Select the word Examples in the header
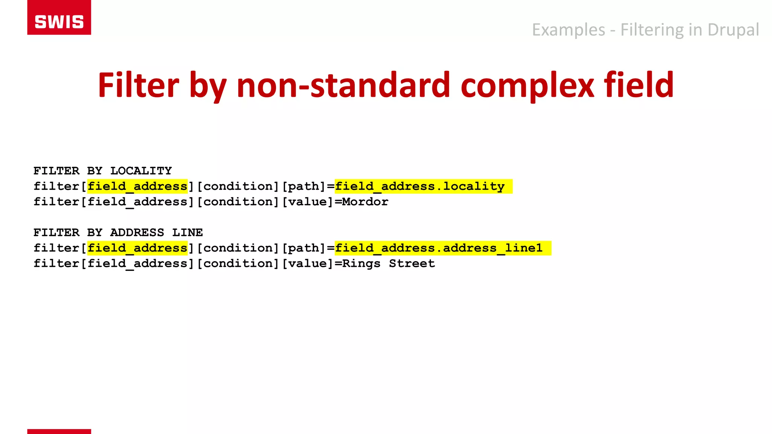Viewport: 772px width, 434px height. tap(568, 30)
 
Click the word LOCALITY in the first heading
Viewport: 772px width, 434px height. tap(141, 171)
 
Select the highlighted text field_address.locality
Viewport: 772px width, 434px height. tap(420, 186)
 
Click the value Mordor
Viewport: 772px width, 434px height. tap(365, 202)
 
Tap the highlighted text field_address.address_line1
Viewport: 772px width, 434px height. tap(439, 248)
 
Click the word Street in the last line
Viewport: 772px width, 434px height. tap(412, 264)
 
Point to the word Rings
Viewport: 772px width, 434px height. tap(361, 264)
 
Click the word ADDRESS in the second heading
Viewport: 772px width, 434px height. tap(137, 233)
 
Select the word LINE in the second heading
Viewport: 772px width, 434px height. tap(188, 233)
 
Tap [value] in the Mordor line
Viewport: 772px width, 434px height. tap(308, 202)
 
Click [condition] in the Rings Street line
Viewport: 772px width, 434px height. tap(238, 264)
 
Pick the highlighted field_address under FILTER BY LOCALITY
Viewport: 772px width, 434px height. tap(137, 186)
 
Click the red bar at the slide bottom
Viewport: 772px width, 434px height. tap(59, 431)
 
